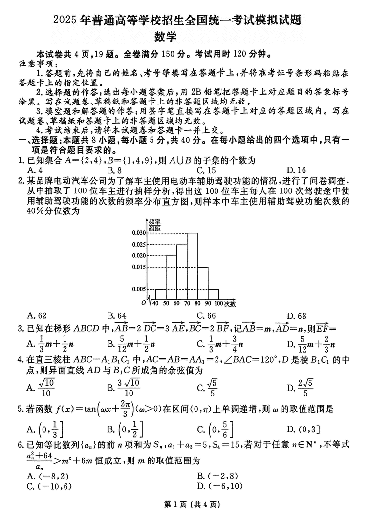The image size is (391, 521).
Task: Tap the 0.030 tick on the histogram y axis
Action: (x=139, y=233)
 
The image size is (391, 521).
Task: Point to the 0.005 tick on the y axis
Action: (x=139, y=289)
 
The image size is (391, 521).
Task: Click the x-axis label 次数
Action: (x=230, y=304)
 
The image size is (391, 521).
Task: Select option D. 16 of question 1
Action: (x=296, y=170)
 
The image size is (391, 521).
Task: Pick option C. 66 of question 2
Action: (x=206, y=315)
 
